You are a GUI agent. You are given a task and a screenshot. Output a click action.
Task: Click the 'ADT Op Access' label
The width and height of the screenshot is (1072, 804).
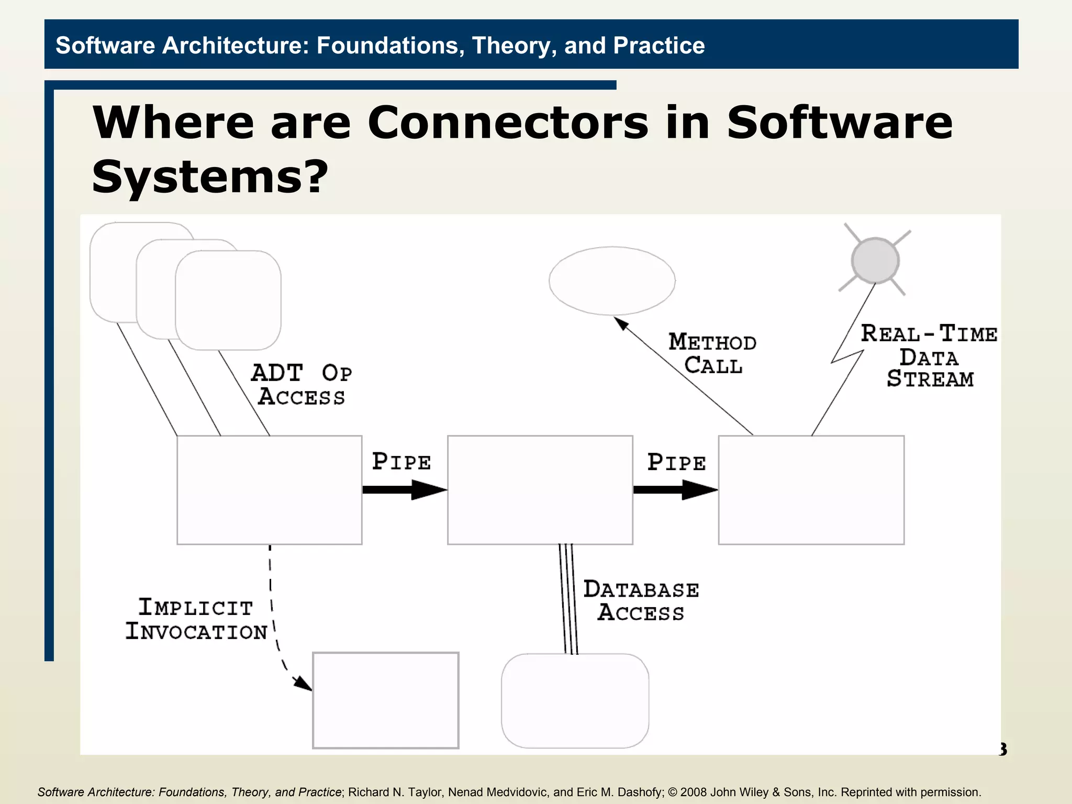301,385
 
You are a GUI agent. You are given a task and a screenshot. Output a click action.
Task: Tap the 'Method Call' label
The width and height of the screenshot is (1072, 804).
712,354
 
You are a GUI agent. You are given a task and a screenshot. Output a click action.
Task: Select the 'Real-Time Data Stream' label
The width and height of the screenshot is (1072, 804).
929,356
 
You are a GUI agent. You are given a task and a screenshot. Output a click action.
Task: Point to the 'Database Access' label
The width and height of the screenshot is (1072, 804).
641,601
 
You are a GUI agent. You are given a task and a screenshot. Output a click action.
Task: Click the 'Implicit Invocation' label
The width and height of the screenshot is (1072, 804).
196,619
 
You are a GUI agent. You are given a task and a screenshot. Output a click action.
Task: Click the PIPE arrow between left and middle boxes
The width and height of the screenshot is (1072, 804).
404,490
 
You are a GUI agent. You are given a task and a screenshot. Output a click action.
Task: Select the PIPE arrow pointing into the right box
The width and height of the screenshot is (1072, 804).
675,490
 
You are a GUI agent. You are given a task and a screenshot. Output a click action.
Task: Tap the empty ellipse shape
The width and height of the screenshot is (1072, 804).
612,281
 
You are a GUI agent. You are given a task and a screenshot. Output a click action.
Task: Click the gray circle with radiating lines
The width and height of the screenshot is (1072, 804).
875,260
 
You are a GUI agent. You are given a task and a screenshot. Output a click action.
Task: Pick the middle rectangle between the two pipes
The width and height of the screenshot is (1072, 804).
540,490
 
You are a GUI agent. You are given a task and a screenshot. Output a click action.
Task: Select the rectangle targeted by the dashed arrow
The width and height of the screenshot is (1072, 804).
386,700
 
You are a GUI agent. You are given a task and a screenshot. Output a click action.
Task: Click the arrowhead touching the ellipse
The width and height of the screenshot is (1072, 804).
621,323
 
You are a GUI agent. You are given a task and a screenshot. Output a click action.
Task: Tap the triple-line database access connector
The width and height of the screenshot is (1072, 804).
568,599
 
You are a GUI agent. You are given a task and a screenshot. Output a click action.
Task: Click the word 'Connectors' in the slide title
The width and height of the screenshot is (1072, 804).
508,123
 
